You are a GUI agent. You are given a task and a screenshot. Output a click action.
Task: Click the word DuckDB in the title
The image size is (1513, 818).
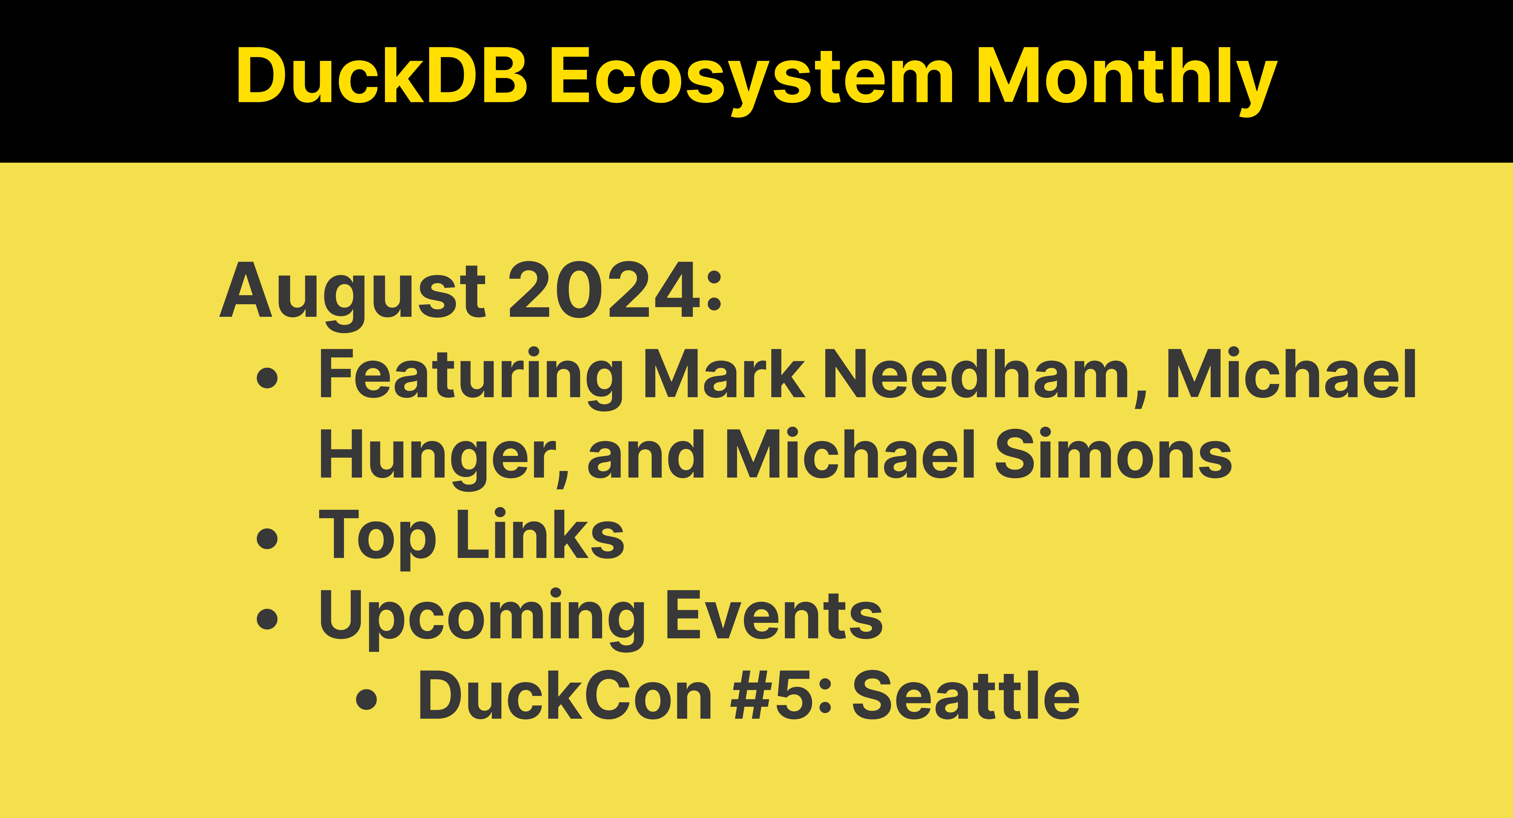(x=382, y=75)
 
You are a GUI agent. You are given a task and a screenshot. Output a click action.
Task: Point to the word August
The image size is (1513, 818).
(x=352, y=291)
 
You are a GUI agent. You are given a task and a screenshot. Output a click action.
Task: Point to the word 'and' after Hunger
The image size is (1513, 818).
(x=646, y=454)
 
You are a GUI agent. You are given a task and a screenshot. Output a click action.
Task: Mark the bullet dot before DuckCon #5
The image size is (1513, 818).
(x=366, y=698)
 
